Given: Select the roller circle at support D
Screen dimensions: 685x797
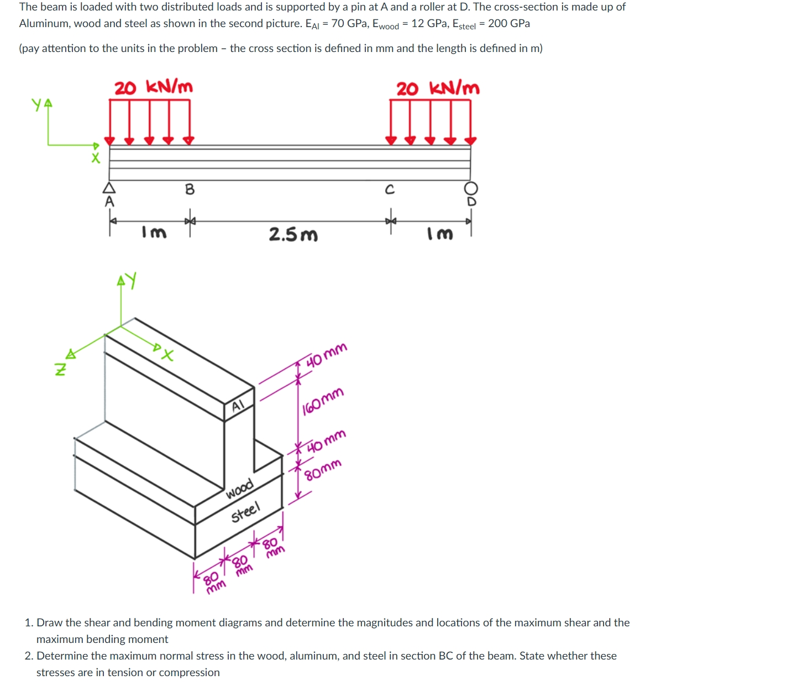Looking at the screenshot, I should [471, 188].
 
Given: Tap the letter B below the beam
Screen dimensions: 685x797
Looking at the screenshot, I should [190, 189].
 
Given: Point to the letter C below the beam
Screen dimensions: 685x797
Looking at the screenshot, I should [390, 190].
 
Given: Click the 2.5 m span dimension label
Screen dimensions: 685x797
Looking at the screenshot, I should [293, 235].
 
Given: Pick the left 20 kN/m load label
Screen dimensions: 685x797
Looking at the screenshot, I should [153, 87].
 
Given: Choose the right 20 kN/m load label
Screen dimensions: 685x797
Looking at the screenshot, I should [438, 89].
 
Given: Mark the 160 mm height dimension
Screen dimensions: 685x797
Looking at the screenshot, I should [323, 401].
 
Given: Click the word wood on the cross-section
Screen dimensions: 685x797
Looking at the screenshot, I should [240, 488].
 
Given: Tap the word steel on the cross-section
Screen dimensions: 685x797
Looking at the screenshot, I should [245, 512].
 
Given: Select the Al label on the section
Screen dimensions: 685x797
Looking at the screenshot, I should [238, 406].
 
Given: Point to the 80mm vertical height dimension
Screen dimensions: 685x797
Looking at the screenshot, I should [323, 470].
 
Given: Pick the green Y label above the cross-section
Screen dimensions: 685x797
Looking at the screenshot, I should [131, 280].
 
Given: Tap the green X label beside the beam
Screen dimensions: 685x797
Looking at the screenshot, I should [96, 158].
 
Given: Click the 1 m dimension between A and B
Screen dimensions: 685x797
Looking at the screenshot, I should [154, 232].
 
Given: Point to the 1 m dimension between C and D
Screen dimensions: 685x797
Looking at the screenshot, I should [440, 233].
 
